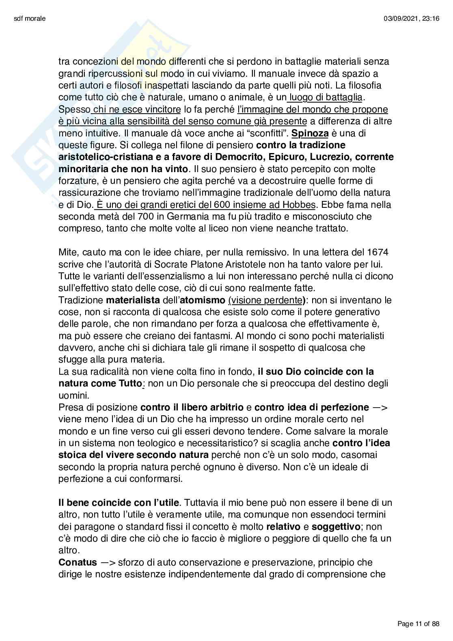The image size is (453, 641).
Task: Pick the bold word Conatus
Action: (78, 563)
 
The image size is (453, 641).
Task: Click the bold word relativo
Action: (285, 527)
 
